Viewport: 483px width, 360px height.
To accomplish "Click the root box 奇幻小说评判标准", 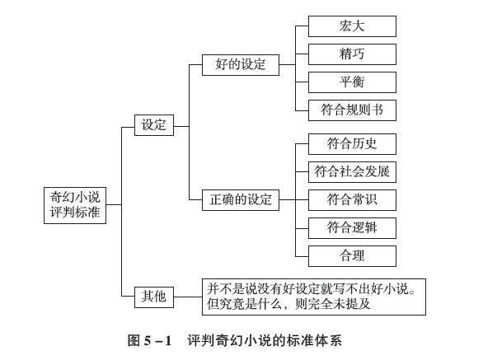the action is click(75, 205).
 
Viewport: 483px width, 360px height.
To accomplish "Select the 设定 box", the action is click(154, 125).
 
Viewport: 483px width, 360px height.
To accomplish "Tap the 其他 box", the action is click(154, 297).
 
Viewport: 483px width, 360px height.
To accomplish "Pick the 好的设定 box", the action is click(241, 65).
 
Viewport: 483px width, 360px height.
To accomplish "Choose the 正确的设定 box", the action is click(241, 200).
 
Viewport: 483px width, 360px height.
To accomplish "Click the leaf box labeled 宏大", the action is click(352, 26).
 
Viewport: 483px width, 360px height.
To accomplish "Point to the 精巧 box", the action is click(352, 54).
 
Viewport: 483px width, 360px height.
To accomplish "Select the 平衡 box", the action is click(352, 82).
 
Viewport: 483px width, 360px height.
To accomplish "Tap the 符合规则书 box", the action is click(352, 110).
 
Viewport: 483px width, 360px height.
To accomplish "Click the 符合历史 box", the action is click(352, 144).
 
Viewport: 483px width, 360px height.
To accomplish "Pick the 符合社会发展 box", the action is click(352, 172).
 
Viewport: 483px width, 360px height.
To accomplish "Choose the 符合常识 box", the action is click(352, 200).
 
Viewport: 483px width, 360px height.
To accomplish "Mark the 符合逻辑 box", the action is click(352, 228).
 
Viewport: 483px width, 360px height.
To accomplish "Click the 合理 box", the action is click(352, 256).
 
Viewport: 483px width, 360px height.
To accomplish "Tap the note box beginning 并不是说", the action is click(314, 297).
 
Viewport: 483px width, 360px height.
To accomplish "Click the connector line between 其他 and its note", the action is click(188, 297).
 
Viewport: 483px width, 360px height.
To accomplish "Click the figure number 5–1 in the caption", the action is click(157, 341).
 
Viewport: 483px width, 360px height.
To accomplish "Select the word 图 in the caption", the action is click(134, 341).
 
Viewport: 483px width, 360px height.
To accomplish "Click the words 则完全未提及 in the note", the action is click(333, 304).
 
